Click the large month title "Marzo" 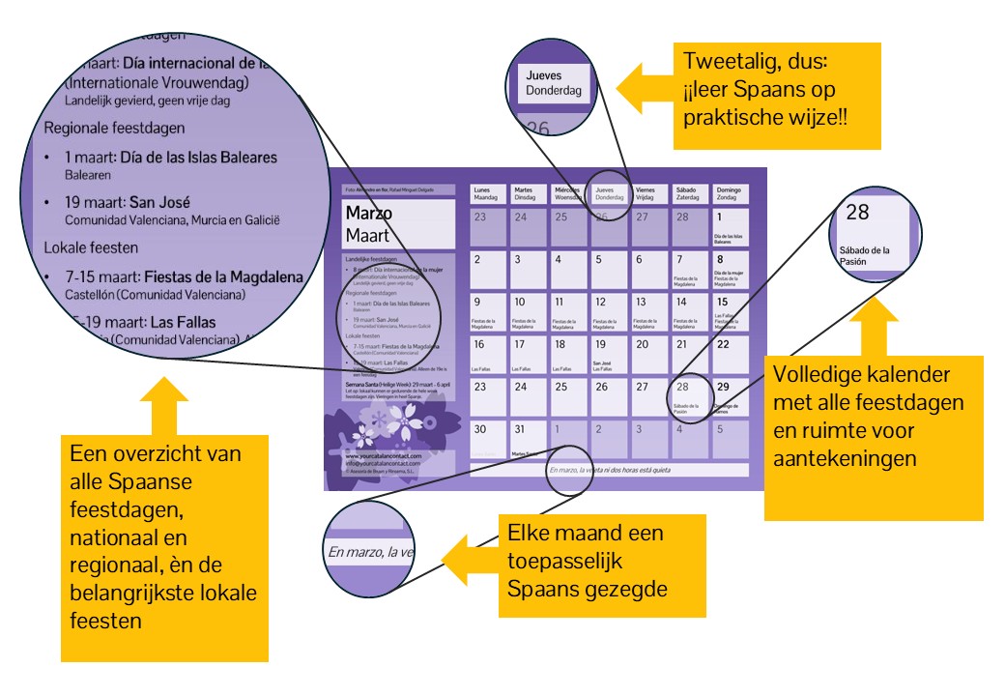(368, 214)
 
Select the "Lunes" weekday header (489, 193)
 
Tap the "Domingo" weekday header (730, 193)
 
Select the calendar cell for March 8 (730, 272)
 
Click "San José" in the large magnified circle (154, 203)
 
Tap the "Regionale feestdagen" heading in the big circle (114, 127)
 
